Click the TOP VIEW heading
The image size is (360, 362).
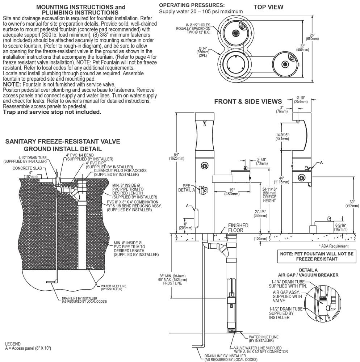[268, 7]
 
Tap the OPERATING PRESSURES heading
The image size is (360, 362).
[192, 5]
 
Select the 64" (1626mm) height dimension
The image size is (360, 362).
[176, 156]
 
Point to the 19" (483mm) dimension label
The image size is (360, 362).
[232, 192]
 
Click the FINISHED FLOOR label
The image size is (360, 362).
[238, 228]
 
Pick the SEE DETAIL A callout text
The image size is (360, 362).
[187, 188]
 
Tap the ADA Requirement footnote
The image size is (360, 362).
[334, 246]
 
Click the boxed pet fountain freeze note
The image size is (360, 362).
[317, 256]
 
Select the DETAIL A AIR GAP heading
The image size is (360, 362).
[308, 273]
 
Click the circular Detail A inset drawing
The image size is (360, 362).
[322, 302]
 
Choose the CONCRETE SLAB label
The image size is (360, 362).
[27, 168]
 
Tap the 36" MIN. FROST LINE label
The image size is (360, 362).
[172, 279]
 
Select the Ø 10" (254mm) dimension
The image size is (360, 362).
[301, 100]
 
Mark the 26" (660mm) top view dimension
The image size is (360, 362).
[312, 37]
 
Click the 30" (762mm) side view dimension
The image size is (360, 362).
[352, 203]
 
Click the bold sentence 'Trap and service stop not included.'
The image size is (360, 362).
[52, 112]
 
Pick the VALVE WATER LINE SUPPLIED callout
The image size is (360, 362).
[261, 350]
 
